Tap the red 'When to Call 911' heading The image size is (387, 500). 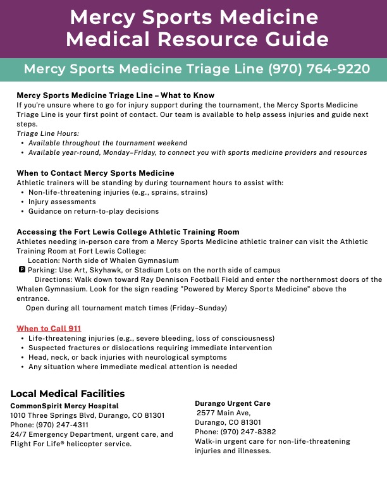coord(49,328)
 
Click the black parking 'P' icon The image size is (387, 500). coord(23,269)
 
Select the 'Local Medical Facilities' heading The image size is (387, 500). coord(68,393)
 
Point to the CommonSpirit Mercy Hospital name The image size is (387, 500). coord(64,406)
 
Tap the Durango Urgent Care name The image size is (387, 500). coord(233,403)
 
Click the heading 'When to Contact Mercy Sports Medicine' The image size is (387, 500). coord(95,173)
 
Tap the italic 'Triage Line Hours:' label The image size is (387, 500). coord(48,133)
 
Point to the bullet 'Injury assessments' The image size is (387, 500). coord(62,202)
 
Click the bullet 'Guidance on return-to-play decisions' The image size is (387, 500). coord(94,211)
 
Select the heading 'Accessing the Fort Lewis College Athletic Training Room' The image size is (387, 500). coord(128,232)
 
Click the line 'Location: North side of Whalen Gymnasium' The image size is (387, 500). coord(103,260)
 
